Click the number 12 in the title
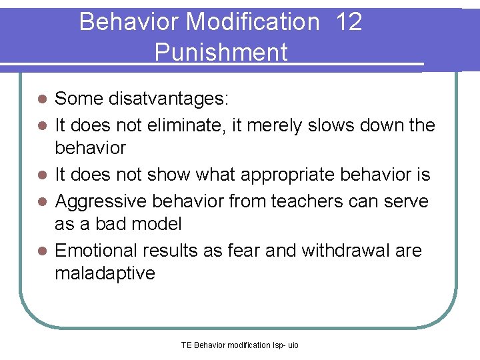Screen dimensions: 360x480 (349, 22)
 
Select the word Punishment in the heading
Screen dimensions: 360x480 (221, 52)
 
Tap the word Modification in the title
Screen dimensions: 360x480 (253, 22)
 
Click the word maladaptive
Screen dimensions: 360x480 (105, 273)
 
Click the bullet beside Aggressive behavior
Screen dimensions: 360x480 (41, 200)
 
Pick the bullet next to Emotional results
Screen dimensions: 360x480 (41, 250)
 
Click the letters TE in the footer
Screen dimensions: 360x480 (186, 345)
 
